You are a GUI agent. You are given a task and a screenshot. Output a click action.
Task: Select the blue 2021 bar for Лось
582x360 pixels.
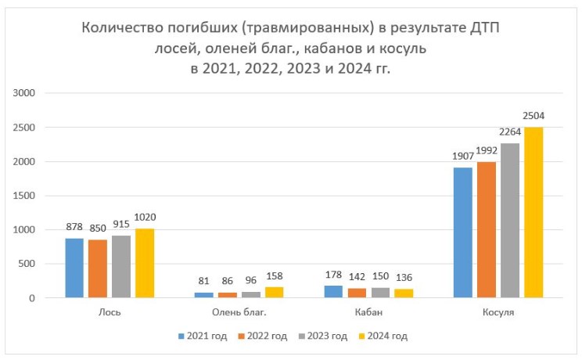pos(74,268)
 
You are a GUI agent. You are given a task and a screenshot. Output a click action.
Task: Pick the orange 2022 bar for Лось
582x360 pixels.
pos(98,268)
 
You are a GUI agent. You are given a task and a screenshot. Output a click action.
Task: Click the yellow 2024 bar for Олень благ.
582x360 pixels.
pos(274,292)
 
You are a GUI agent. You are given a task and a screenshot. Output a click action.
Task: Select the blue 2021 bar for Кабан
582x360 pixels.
pos(334,291)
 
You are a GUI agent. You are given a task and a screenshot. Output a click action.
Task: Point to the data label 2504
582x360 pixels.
pos(533,116)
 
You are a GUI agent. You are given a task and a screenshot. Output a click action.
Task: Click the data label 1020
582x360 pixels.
pos(145,217)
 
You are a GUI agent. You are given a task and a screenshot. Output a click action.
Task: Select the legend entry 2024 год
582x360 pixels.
pos(383,336)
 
